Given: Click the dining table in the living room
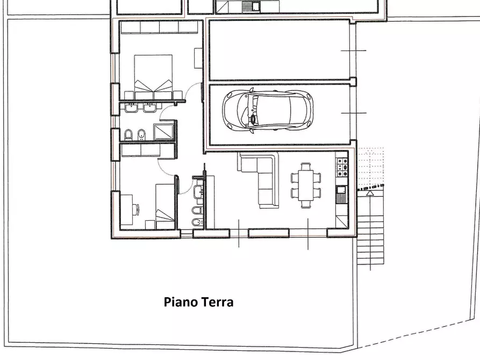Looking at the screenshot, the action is tap(305, 185).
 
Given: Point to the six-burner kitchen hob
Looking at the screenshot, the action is tap(342, 168).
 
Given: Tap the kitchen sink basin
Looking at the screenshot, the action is tap(341, 190).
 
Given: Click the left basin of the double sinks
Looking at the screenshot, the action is tap(132, 108).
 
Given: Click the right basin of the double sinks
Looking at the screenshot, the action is tap(150, 108).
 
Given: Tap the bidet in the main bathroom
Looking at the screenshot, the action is tap(141, 134).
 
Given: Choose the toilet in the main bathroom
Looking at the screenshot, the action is tap(128, 135).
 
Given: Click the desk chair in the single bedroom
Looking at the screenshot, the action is tap(137, 210).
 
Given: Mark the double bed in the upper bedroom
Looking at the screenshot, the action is tap(153, 76).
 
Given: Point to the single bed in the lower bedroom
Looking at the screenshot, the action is tap(166, 207).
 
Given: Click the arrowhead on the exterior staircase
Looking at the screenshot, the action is tap(370, 193).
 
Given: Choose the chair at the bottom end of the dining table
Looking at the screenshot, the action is tap(305, 204).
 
